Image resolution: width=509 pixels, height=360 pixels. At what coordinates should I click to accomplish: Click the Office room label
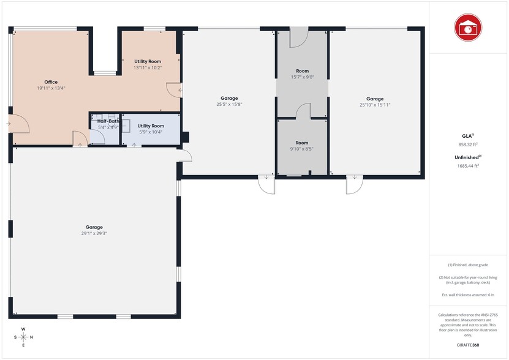point(51,82)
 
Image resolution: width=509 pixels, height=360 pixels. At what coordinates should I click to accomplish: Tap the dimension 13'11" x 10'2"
point(148,68)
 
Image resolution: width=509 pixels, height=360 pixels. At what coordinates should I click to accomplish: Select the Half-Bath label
point(108,121)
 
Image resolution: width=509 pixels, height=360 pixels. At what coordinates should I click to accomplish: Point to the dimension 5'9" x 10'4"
point(151,132)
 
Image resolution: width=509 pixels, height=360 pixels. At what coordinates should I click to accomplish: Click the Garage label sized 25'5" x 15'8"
point(229,98)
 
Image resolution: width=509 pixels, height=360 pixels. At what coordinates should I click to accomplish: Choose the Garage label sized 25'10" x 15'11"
point(375,99)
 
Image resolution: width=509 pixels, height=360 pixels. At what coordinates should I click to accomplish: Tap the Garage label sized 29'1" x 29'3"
point(94,227)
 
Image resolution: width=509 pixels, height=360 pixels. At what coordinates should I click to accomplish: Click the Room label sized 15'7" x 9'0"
point(302,71)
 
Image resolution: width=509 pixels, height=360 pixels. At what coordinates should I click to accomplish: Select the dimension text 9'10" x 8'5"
point(302,149)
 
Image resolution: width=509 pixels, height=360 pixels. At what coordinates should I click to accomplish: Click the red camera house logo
point(468,28)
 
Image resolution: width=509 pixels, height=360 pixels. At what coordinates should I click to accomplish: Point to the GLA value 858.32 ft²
point(468,144)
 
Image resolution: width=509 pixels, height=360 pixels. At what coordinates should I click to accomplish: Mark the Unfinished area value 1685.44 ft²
point(468,166)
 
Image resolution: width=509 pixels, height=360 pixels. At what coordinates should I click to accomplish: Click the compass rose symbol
point(23,337)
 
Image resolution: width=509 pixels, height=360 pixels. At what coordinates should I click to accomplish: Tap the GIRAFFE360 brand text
point(468,345)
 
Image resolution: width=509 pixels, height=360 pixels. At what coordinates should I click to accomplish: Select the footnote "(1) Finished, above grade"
point(468,265)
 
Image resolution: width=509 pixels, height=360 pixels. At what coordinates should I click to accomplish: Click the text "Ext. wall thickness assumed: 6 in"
point(468,294)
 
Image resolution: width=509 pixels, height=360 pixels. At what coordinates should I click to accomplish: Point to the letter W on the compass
point(23,329)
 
